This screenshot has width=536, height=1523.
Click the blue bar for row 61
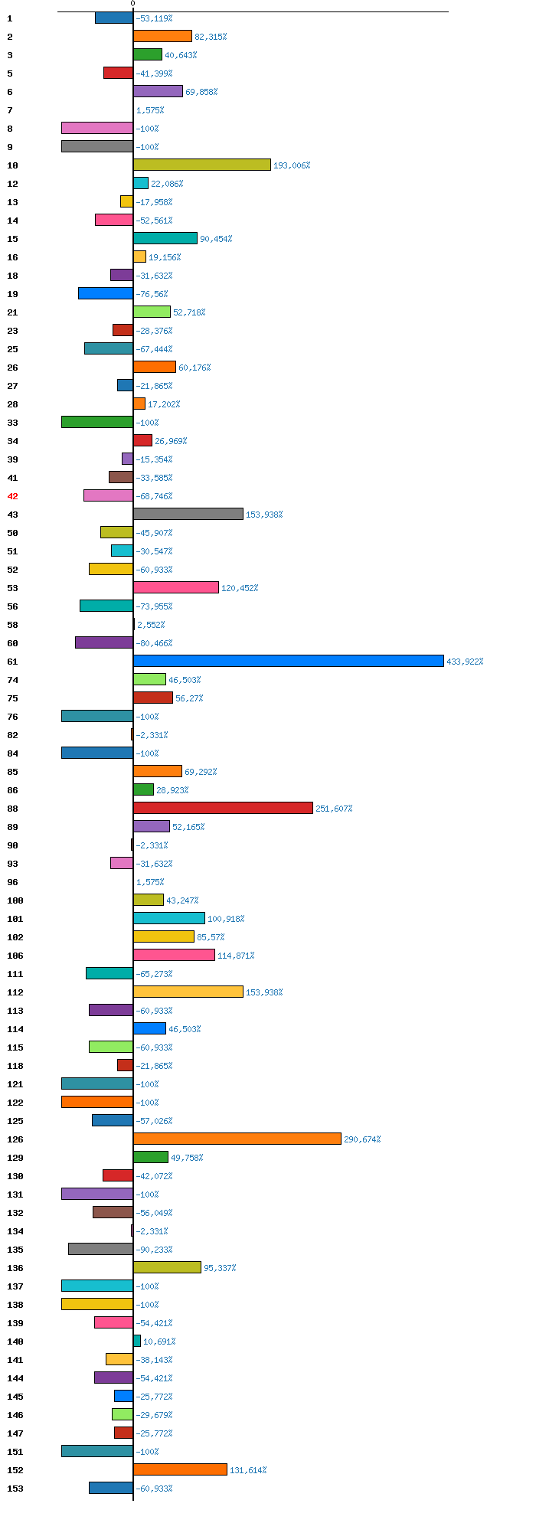pyautogui.click(x=288, y=661)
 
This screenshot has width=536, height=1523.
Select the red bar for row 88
pyautogui.click(x=223, y=808)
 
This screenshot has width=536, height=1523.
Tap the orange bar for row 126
pyautogui.click(x=237, y=1139)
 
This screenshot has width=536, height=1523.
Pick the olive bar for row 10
pyautogui.click(x=201, y=165)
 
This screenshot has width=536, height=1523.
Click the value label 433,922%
pyautogui.click(x=465, y=662)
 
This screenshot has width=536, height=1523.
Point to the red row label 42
pyautogui.click(x=12, y=496)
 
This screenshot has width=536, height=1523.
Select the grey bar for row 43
pyautogui.click(x=188, y=514)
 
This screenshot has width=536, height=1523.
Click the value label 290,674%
pyautogui.click(x=362, y=1139)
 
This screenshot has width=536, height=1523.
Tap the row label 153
pyautogui.click(x=15, y=1489)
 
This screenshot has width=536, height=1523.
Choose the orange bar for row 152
pyautogui.click(x=180, y=1469)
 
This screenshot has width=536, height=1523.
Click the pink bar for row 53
pyautogui.click(x=175, y=587)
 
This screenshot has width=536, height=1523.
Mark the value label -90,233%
pyautogui.click(x=154, y=1250)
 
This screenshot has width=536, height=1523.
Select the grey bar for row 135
pyautogui.click(x=100, y=1249)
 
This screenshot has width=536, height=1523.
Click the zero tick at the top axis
pyautogui.click(x=132, y=4)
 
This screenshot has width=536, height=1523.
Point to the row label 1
pyautogui.click(x=10, y=18)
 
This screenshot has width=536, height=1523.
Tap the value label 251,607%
pyautogui.click(x=334, y=809)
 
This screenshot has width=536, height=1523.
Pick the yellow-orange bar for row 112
pyautogui.click(x=188, y=992)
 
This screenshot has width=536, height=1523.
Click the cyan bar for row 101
pyautogui.click(x=168, y=918)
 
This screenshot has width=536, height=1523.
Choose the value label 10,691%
pyautogui.click(x=159, y=1342)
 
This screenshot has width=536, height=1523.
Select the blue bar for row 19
pyautogui.click(x=105, y=293)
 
